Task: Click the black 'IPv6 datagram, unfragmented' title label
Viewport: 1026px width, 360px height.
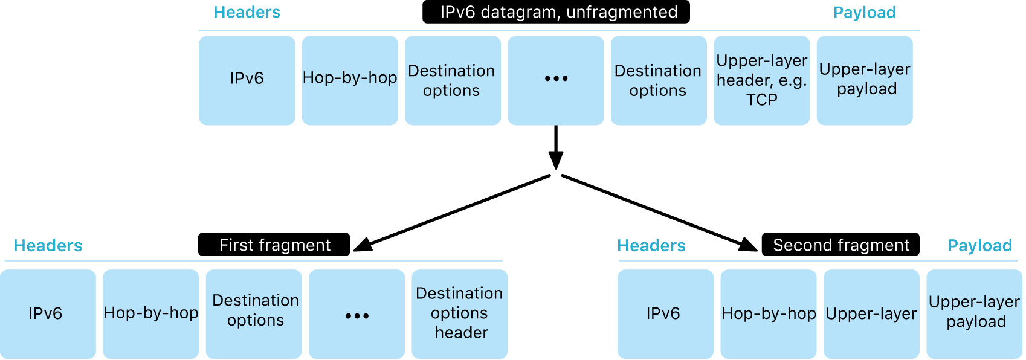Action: pyautogui.click(x=556, y=12)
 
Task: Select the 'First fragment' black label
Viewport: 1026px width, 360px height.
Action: pyautogui.click(x=274, y=245)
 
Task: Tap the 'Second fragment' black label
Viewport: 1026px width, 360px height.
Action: pyautogui.click(x=840, y=245)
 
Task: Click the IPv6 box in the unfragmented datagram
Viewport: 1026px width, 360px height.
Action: pyautogui.click(x=247, y=80)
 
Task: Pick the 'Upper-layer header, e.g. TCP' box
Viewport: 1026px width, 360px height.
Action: pyautogui.click(x=761, y=80)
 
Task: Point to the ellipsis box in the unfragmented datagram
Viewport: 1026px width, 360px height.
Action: pyautogui.click(x=556, y=80)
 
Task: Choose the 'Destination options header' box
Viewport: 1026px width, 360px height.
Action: pyautogui.click(x=460, y=313)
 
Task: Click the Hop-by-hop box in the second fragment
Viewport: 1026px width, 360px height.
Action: pyautogui.click(x=769, y=313)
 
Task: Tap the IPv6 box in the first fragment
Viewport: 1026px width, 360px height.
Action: pyautogui.click(x=47, y=313)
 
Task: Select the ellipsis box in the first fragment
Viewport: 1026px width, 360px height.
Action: pyautogui.click(x=357, y=313)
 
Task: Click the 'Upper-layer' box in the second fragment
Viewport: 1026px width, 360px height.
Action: pyautogui.click(x=871, y=313)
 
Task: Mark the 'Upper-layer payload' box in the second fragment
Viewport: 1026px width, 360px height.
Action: pyautogui.click(x=975, y=313)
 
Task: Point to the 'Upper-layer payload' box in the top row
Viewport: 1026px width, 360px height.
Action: pyautogui.click(x=865, y=80)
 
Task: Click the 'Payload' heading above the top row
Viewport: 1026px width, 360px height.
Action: pyautogui.click(x=864, y=13)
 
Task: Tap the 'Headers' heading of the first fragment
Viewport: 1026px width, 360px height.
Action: pyautogui.click(x=48, y=246)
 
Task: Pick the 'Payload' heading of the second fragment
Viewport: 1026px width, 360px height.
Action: pyautogui.click(x=979, y=246)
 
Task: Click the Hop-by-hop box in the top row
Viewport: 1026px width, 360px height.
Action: pyautogui.click(x=350, y=80)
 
